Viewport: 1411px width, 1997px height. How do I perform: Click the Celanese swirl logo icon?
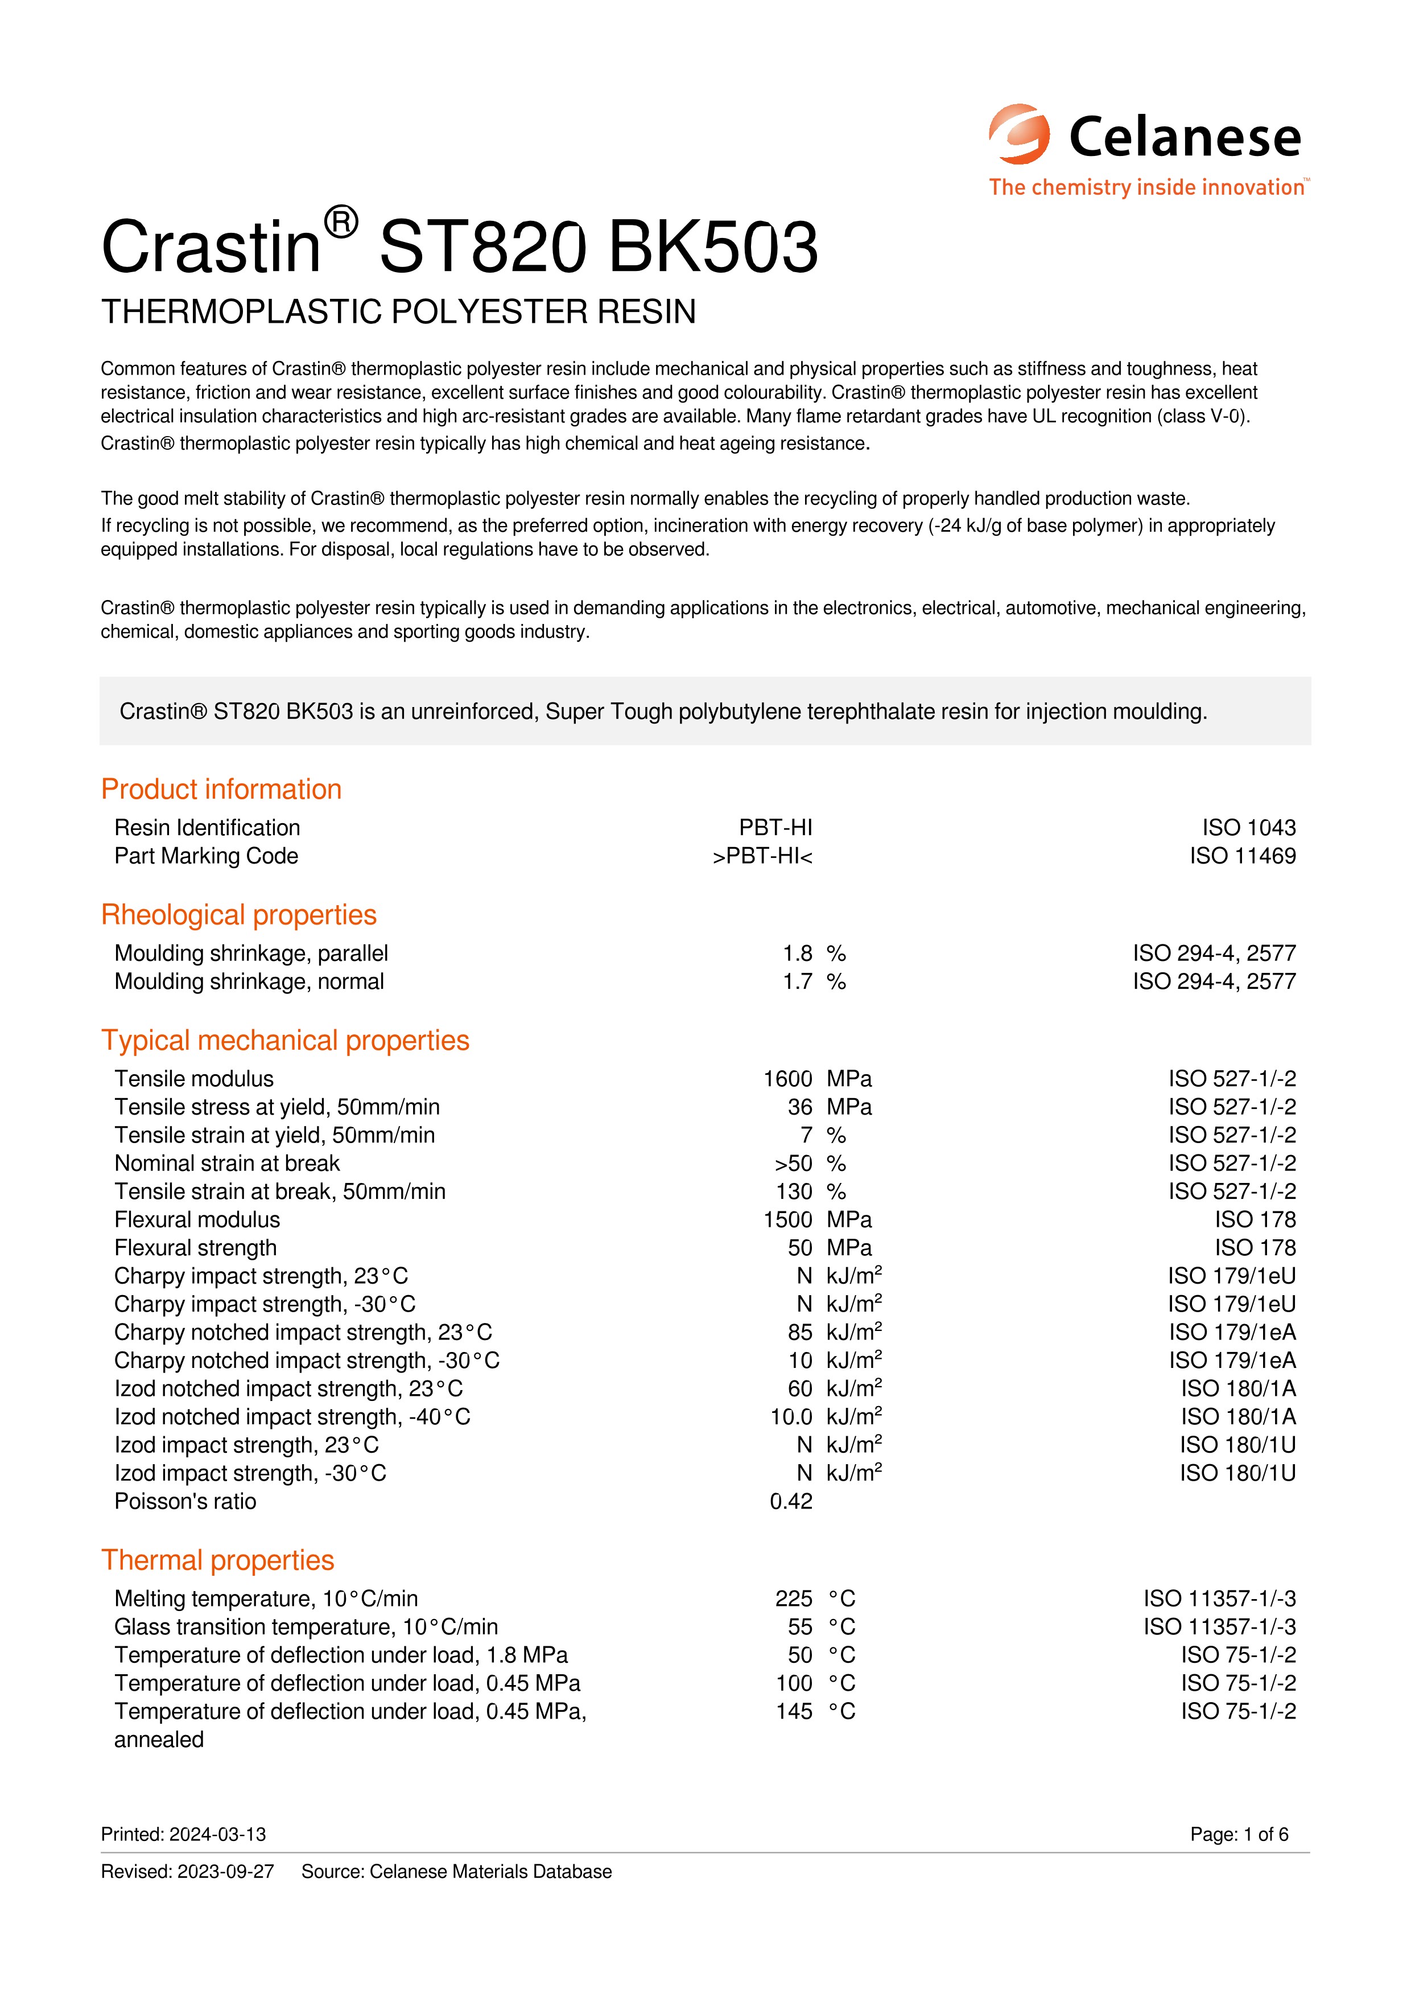coord(1019,135)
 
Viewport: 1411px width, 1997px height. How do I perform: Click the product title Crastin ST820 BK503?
coord(459,247)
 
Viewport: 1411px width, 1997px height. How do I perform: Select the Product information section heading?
coord(221,789)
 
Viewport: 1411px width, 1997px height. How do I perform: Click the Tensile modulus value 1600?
coord(787,1079)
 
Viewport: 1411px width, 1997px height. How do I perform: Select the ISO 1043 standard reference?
coord(1248,828)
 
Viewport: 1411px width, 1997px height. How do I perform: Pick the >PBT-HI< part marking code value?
coord(762,857)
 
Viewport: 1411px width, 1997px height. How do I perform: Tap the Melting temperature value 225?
coord(793,1600)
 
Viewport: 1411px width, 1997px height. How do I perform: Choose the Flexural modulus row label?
coord(197,1221)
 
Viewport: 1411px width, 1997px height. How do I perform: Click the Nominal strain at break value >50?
coord(793,1164)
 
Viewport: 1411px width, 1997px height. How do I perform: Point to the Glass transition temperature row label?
coord(306,1628)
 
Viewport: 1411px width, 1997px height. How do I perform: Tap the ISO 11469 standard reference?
coord(1243,857)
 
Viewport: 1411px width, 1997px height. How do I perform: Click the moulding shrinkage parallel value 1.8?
coord(797,954)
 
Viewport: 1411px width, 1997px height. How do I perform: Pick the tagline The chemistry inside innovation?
coord(1146,188)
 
